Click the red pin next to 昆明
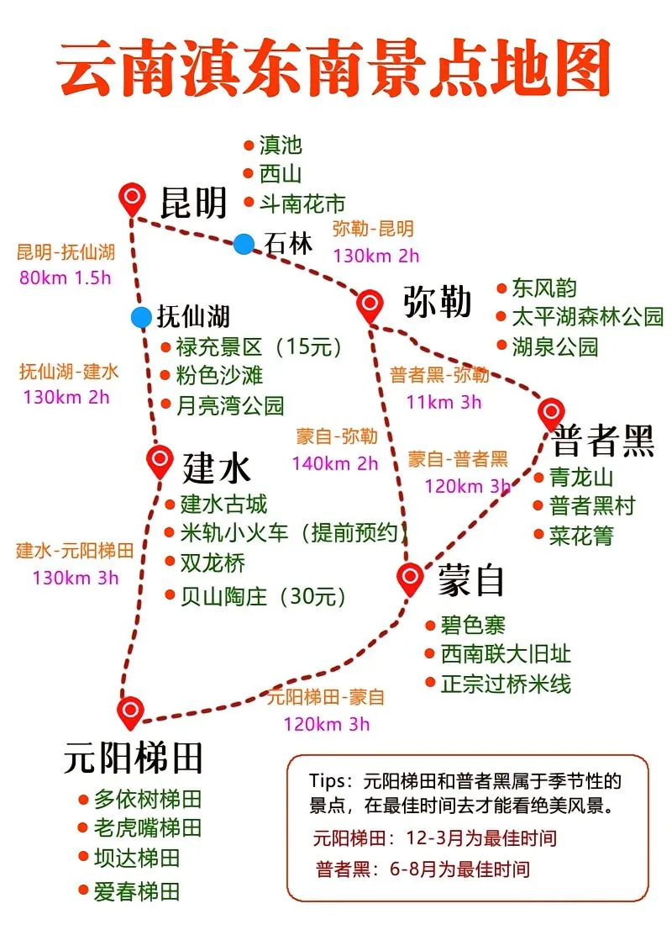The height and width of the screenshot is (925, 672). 131,199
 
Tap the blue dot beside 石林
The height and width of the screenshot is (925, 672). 244,244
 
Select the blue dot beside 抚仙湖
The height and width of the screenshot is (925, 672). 141,317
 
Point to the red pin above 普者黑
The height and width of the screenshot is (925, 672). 551,412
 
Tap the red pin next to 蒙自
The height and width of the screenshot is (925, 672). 409,577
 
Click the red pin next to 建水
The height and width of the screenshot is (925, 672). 159,460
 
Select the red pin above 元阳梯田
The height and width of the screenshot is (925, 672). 130,712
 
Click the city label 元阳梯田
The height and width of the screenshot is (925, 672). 134,758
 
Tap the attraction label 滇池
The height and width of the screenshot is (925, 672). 281,145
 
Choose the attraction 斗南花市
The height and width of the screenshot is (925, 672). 302,203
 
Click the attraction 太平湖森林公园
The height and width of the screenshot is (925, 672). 588,317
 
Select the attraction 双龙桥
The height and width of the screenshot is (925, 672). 213,563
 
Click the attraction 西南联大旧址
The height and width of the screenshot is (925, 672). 506,654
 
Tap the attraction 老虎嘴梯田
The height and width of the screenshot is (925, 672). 148,827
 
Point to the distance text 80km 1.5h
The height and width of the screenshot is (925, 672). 65,278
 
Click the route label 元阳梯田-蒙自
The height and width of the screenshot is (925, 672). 326,697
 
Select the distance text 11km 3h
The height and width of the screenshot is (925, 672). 444,402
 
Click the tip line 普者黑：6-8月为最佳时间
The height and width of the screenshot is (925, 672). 423,869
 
